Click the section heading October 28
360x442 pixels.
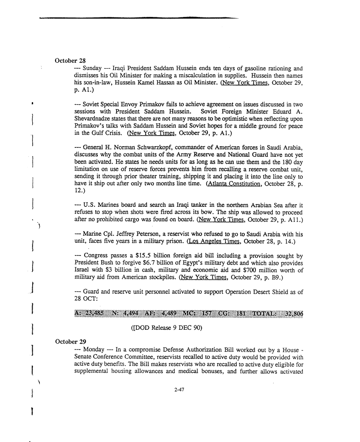click(x=71, y=60)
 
